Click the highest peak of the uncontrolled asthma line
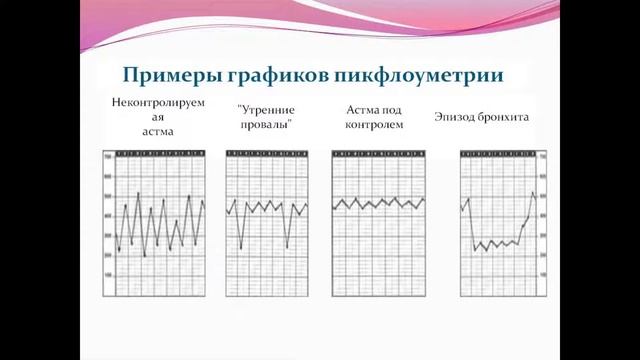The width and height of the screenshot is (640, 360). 137,193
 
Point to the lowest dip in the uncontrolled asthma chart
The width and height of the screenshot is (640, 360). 145,257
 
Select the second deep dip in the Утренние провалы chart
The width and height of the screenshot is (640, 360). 288,247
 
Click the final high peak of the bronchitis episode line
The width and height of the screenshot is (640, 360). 532,192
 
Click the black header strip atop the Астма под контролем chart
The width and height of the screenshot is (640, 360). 379,153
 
